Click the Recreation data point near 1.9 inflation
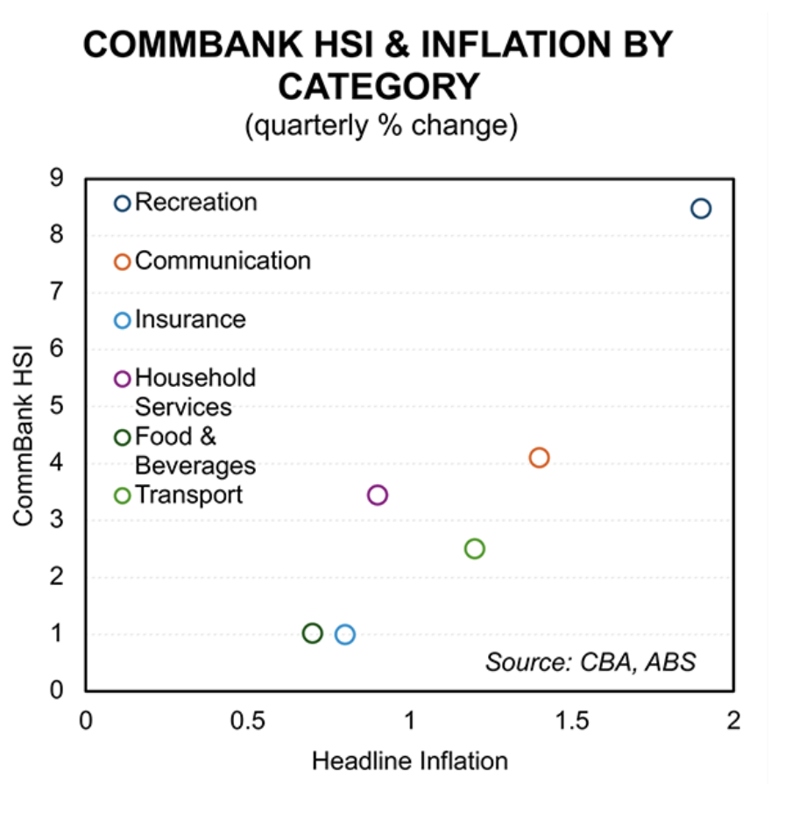point(700,208)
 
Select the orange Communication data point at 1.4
point(539,458)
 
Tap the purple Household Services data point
point(378,495)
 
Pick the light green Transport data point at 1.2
point(475,549)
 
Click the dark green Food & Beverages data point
point(312,633)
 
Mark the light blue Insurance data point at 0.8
point(345,634)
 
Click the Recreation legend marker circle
point(123,203)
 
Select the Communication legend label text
point(223,261)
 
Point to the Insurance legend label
point(190,319)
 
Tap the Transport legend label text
point(188,495)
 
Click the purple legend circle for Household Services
point(123,379)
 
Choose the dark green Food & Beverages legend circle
point(123,438)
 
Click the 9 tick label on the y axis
point(57,178)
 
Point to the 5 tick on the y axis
point(57,406)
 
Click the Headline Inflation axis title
point(409,760)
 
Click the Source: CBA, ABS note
point(590,661)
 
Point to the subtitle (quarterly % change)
point(381,126)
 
